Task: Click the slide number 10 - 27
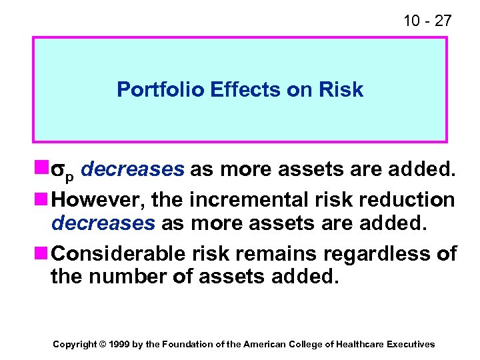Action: tap(427, 21)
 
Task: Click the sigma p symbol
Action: tap(65, 172)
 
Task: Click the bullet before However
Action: tap(44, 199)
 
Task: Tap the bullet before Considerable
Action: tap(44, 254)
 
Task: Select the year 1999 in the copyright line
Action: tap(120, 344)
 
